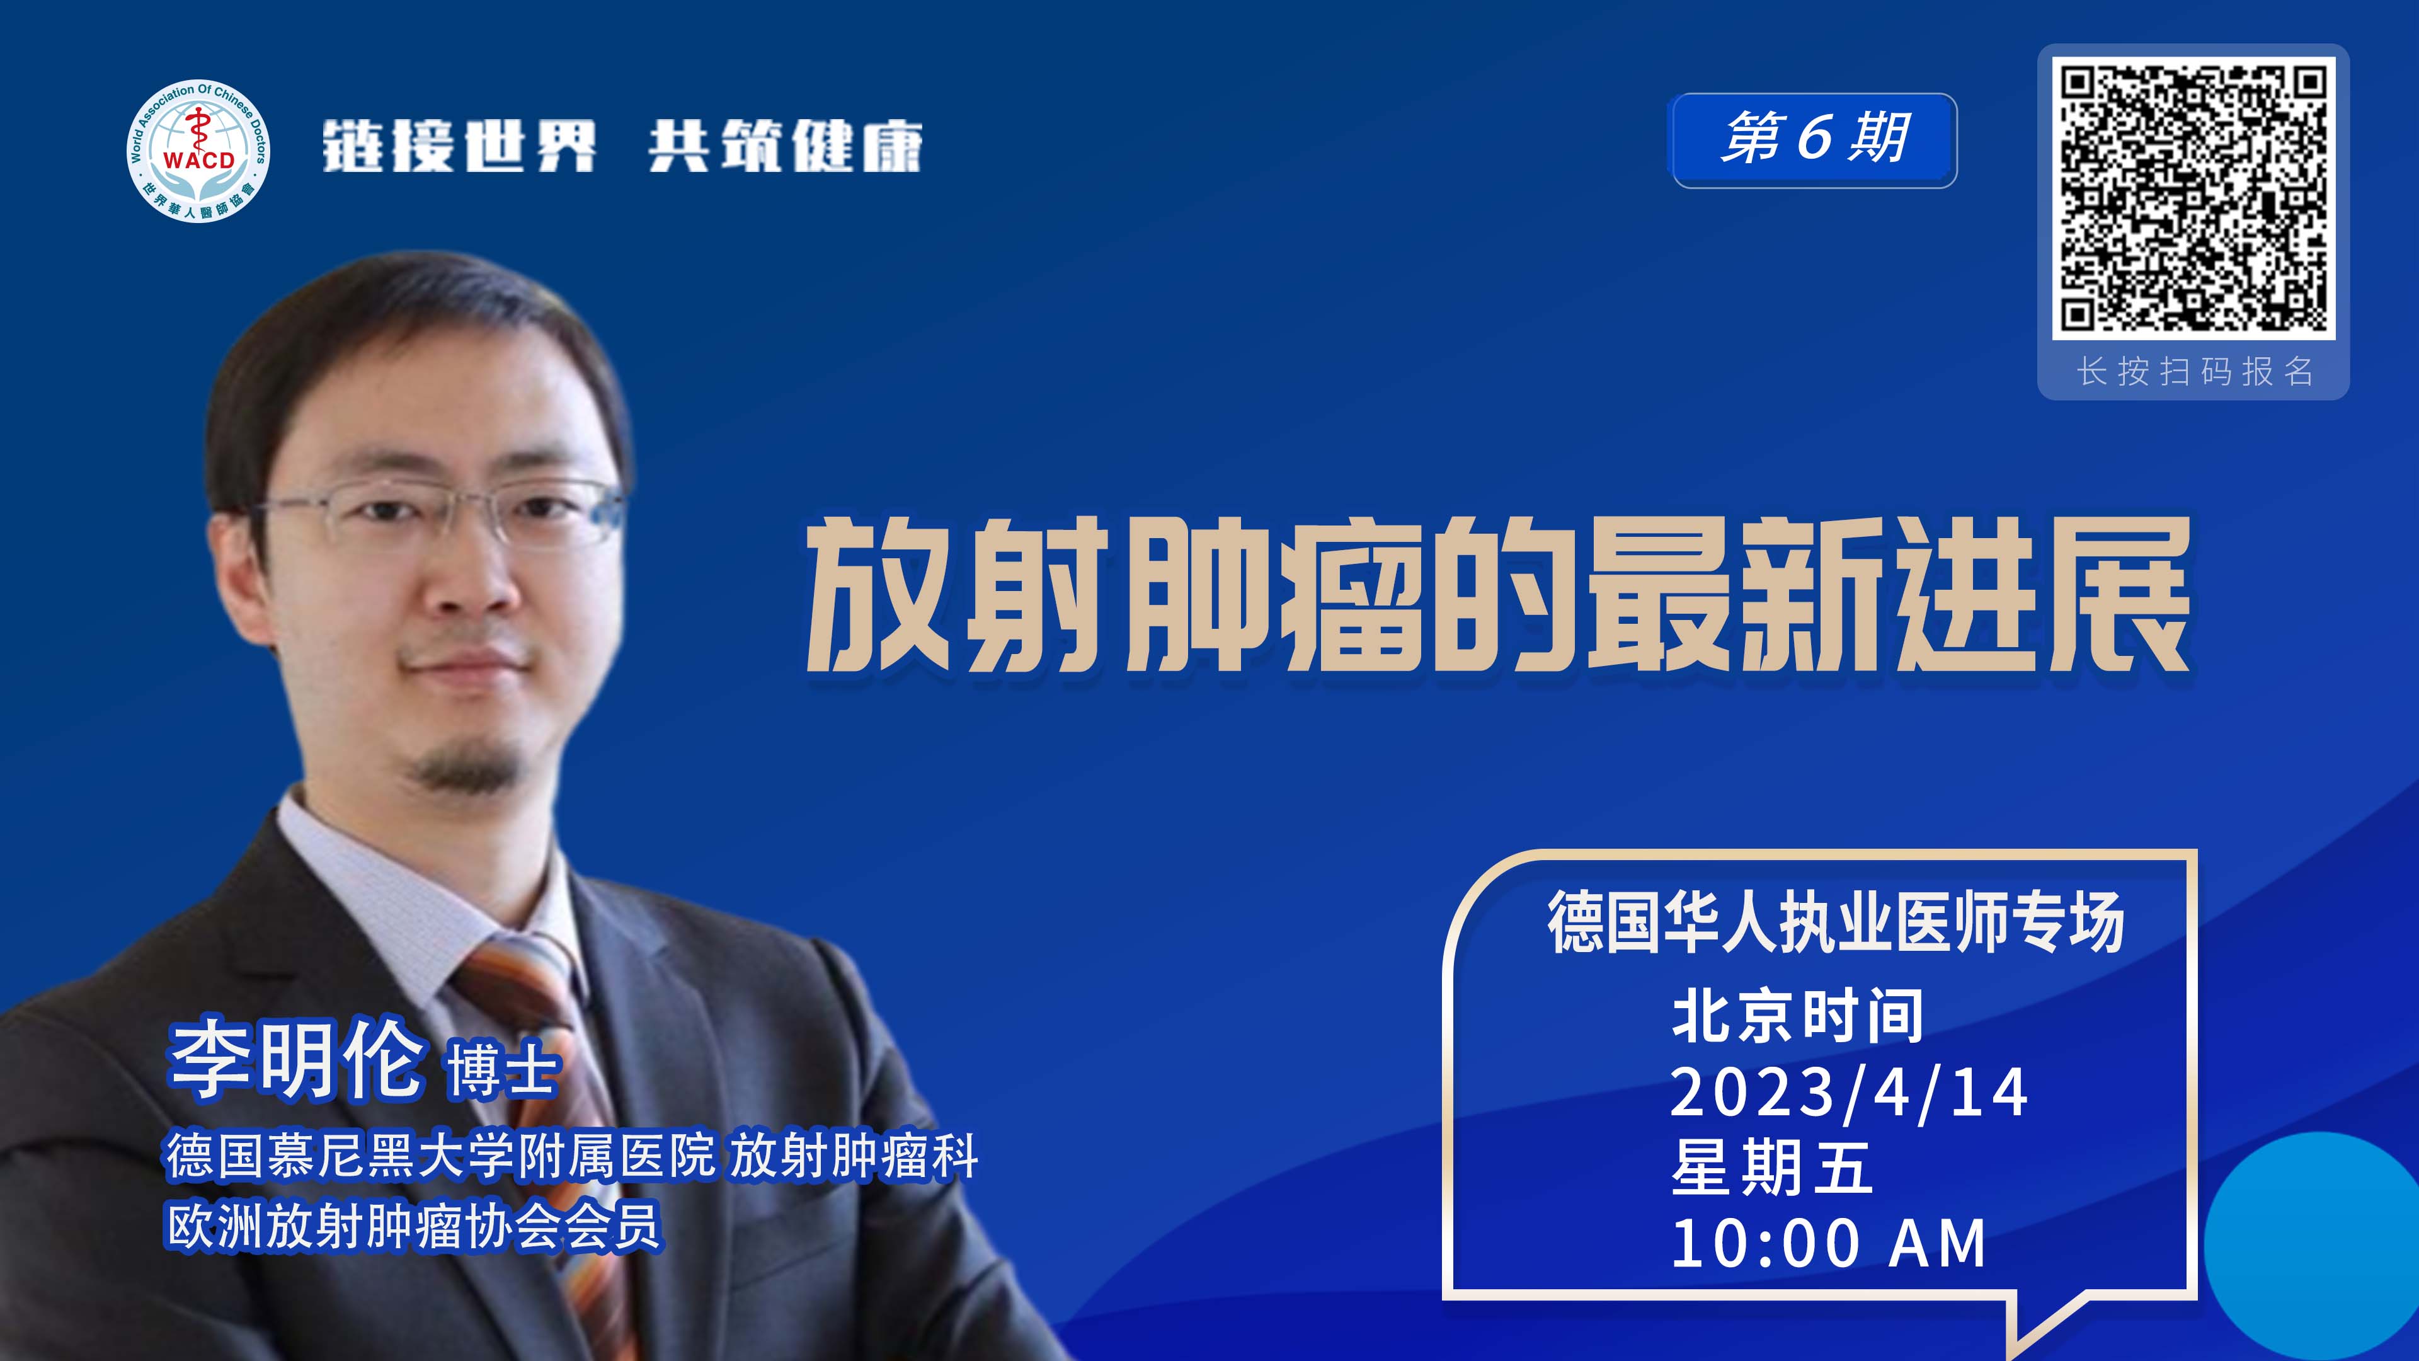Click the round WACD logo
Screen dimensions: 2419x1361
(198, 151)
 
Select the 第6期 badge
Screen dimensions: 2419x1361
(1814, 140)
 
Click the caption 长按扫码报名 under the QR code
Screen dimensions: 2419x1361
(2195, 372)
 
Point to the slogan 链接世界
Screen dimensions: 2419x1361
(459, 147)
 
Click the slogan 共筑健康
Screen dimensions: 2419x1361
(785, 147)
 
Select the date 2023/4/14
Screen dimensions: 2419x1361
(1849, 1093)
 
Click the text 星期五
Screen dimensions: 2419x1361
(1771, 1168)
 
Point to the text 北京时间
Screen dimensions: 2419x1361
(1797, 1016)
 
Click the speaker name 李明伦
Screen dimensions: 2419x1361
(297, 1059)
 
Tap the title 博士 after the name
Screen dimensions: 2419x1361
(503, 1071)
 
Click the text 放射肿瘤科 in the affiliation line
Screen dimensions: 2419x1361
(855, 1156)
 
